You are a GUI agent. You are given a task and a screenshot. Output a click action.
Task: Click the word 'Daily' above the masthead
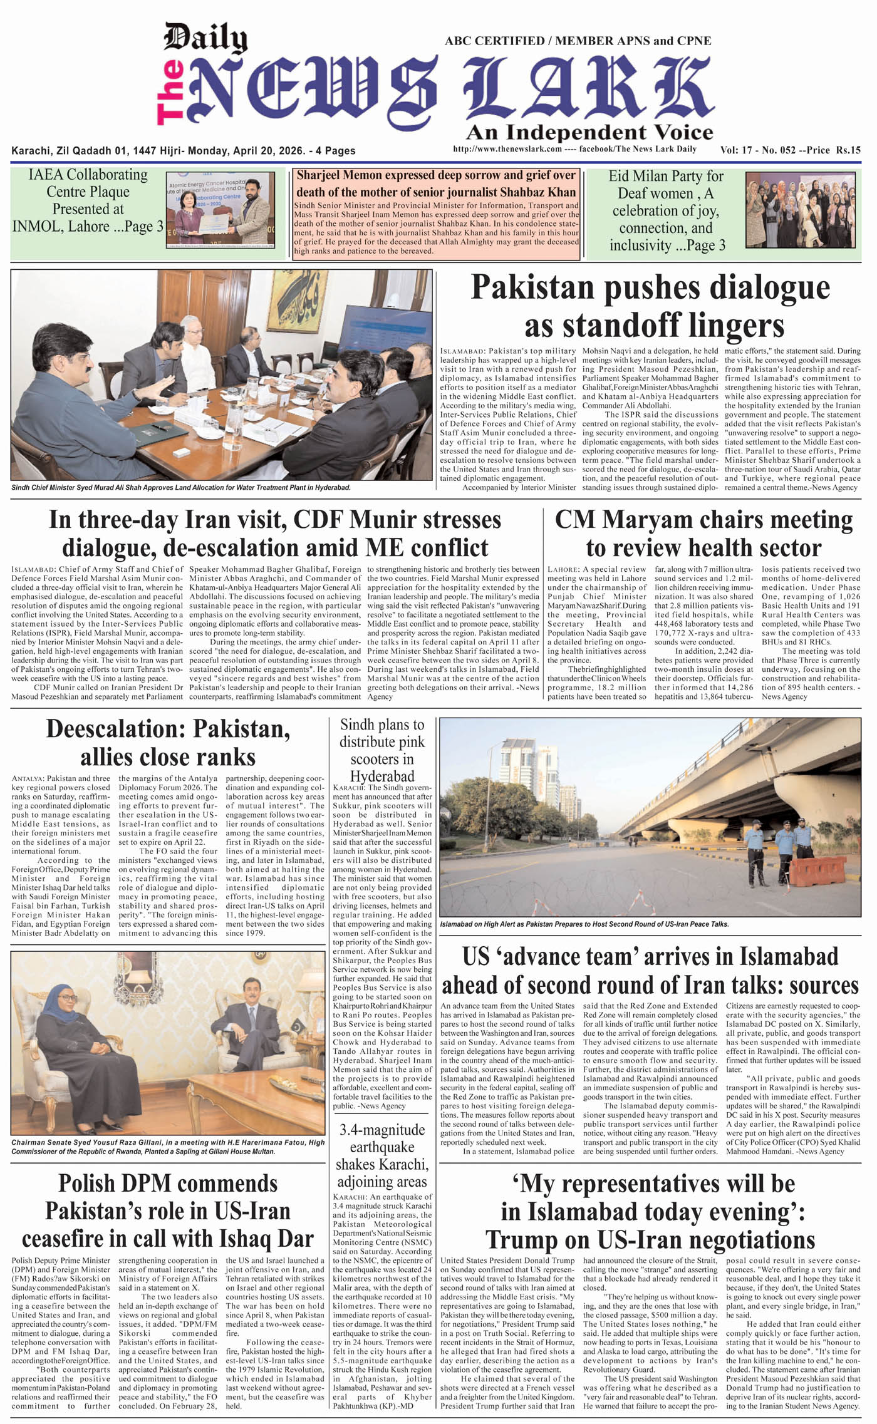[x=205, y=39]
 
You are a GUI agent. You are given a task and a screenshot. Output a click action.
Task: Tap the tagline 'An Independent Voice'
[x=589, y=132]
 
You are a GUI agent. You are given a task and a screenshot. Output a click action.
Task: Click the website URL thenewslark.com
[x=507, y=149]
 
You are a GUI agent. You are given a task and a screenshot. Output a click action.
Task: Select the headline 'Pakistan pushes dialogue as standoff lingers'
[x=650, y=306]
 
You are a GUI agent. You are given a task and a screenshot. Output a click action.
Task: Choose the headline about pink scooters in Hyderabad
[x=382, y=750]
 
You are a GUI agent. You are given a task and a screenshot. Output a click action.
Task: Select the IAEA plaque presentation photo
[x=221, y=210]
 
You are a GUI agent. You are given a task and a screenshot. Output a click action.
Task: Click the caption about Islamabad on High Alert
[x=584, y=924]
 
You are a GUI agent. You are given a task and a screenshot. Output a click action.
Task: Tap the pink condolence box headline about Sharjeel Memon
[x=435, y=183]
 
